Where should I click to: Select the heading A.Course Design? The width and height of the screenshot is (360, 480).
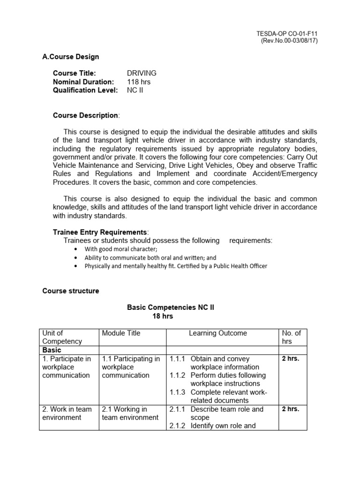pyautogui.click(x=71, y=57)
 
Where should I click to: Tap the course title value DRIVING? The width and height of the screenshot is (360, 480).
pyautogui.click(x=142, y=73)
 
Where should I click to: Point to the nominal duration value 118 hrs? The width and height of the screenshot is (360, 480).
pyautogui.click(x=139, y=82)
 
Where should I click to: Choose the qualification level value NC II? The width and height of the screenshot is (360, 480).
pyautogui.click(x=135, y=90)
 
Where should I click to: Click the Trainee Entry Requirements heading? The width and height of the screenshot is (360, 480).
pyautogui.click(x=100, y=232)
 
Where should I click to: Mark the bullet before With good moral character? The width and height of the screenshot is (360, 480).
pyautogui.click(x=76, y=249)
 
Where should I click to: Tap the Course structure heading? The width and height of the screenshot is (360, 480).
pyautogui.click(x=71, y=291)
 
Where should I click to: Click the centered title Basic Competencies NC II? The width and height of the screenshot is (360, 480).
pyautogui.click(x=171, y=307)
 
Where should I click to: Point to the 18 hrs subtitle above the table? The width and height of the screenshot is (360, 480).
pyautogui.click(x=163, y=316)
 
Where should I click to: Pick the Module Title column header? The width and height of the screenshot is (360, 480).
pyautogui.click(x=121, y=333)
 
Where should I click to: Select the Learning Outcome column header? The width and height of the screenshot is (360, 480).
pyautogui.click(x=217, y=333)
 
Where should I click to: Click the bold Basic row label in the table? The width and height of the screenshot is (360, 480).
pyautogui.click(x=52, y=350)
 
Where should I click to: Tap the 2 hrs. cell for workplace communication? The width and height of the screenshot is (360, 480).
pyautogui.click(x=290, y=359)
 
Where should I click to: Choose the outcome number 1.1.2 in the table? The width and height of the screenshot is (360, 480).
pyautogui.click(x=178, y=375)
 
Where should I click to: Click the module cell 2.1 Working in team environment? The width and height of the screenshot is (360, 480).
pyautogui.click(x=130, y=413)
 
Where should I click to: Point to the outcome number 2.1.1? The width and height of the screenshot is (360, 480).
pyautogui.click(x=178, y=409)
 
